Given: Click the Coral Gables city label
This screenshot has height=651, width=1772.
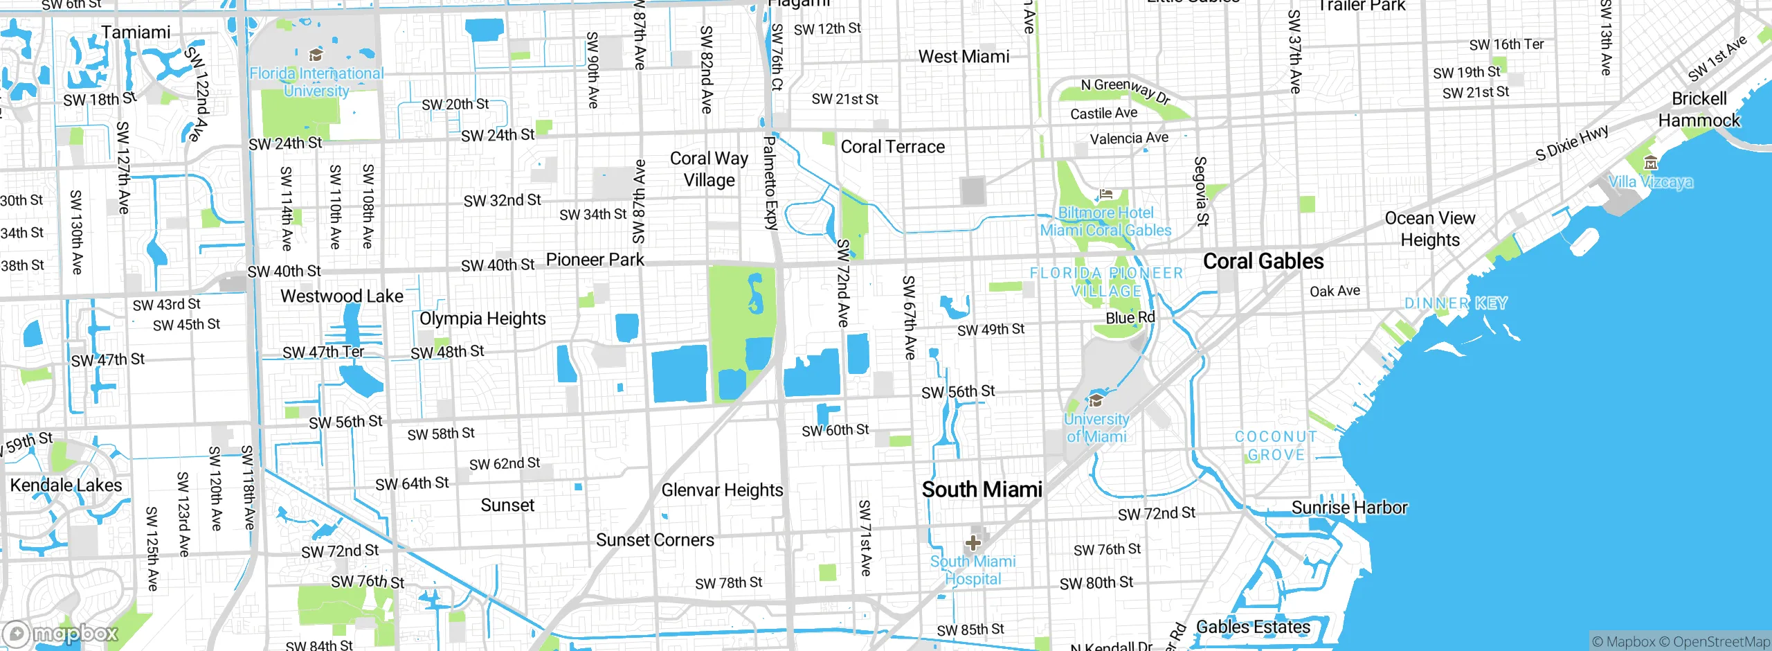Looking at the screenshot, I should pyautogui.click(x=1263, y=261).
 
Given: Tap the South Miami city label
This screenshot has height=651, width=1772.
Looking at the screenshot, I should pyautogui.click(x=982, y=490).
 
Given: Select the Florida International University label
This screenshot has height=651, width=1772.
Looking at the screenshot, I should pyautogui.click(x=316, y=82).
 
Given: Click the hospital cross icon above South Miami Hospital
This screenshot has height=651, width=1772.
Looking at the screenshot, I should pyautogui.click(x=973, y=542).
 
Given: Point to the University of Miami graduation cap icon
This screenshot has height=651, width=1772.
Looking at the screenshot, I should pyautogui.click(x=1096, y=400).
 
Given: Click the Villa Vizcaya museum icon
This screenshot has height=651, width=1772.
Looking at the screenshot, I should pyautogui.click(x=1651, y=163).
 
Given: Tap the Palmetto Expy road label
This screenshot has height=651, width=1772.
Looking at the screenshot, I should pyautogui.click(x=770, y=184).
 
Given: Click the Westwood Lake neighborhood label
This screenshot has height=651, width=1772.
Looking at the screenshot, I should pyautogui.click(x=341, y=296).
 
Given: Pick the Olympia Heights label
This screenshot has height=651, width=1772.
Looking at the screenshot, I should pyautogui.click(x=482, y=319).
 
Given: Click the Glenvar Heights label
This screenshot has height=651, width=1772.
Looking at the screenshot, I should pyautogui.click(x=722, y=490).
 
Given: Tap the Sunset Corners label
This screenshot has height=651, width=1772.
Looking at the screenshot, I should pyautogui.click(x=655, y=540).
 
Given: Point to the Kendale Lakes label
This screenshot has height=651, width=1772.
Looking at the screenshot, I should pyautogui.click(x=66, y=485).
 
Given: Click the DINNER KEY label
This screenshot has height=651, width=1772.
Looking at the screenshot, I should pyautogui.click(x=1456, y=303).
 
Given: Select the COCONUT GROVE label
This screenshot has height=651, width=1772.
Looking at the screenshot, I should pyautogui.click(x=1276, y=445).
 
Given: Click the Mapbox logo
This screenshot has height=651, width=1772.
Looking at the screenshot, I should pyautogui.click(x=61, y=633).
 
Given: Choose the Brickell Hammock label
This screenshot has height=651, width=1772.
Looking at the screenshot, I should pyautogui.click(x=1699, y=109).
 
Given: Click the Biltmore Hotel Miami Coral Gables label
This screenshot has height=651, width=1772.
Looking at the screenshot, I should pyautogui.click(x=1105, y=222).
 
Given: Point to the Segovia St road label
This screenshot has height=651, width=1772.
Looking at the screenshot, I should pyautogui.click(x=1201, y=191).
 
